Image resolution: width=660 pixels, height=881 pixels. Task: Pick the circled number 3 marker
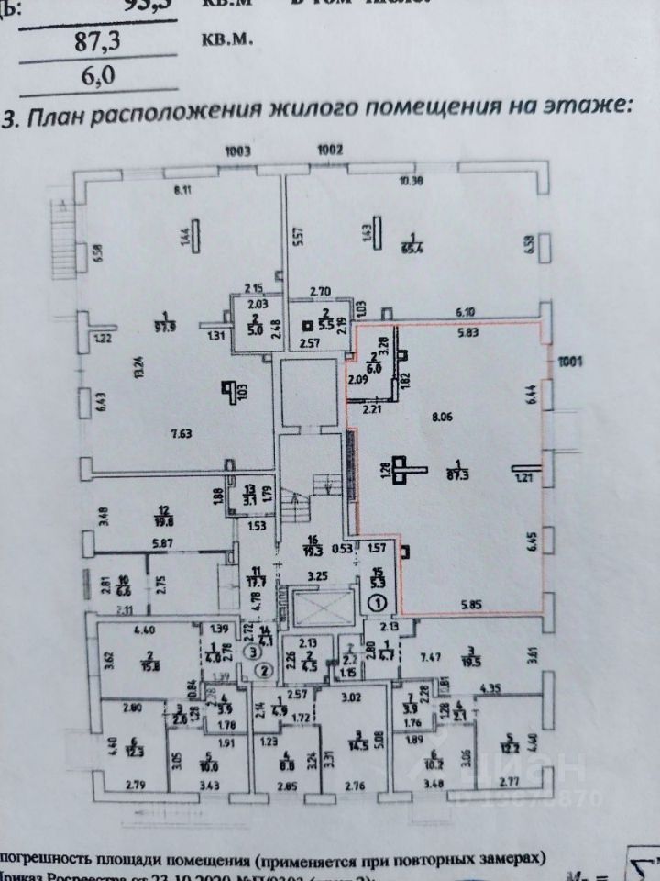[x=251, y=651]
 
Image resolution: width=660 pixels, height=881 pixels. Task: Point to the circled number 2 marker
[x=264, y=669]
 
